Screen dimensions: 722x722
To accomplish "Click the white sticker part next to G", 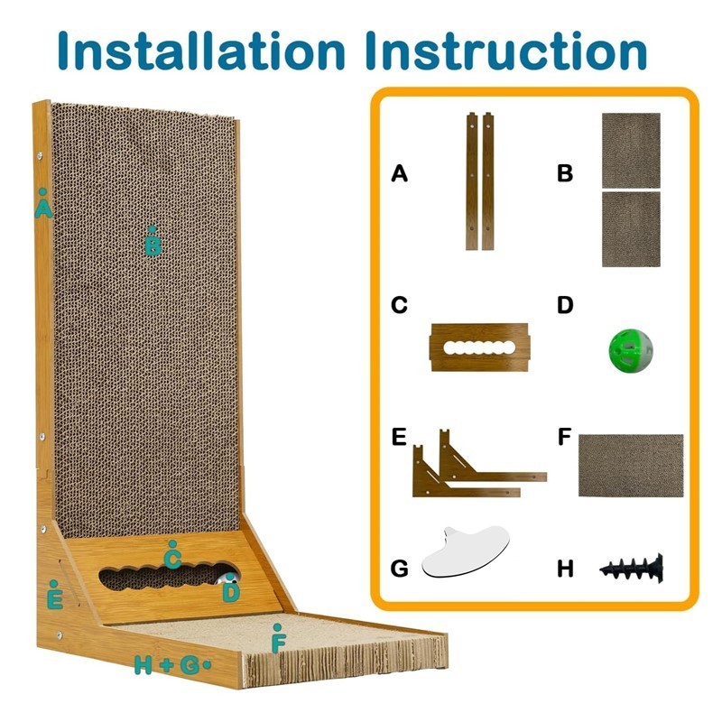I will click(463, 552).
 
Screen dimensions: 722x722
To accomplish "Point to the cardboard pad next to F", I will click(630, 465).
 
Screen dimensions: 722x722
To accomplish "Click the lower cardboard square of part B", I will click(631, 228).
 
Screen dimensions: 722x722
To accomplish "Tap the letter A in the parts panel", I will click(400, 173).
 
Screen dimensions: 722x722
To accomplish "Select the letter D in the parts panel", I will click(565, 305).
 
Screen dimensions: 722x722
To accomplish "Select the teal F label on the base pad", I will click(279, 643).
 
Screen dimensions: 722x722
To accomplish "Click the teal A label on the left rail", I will click(42, 208).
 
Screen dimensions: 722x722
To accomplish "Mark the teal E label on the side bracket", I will click(54, 597).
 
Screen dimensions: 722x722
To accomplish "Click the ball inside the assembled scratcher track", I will click(224, 577).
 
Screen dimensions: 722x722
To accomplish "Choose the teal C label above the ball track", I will click(172, 558).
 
